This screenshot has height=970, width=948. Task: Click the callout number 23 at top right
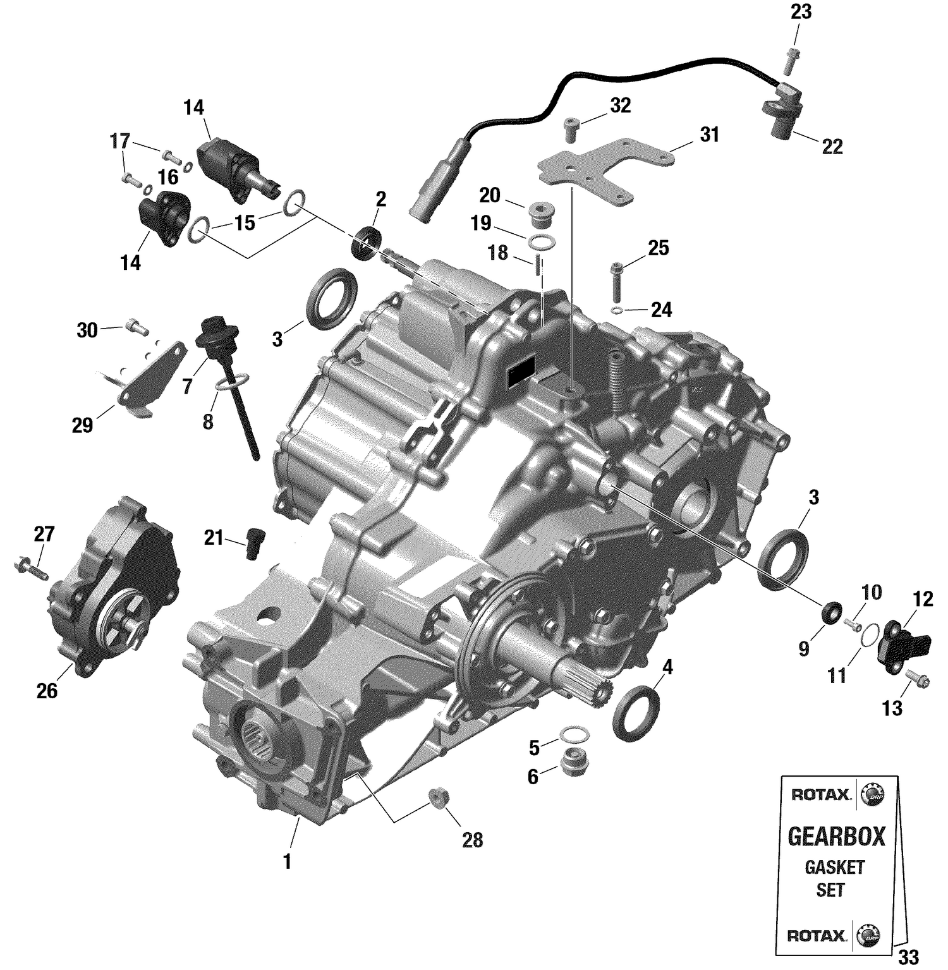801,12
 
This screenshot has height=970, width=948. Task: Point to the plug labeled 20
540,215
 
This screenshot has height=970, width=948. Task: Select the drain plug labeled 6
574,762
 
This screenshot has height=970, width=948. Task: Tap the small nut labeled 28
437,797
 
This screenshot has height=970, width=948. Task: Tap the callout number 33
908,957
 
